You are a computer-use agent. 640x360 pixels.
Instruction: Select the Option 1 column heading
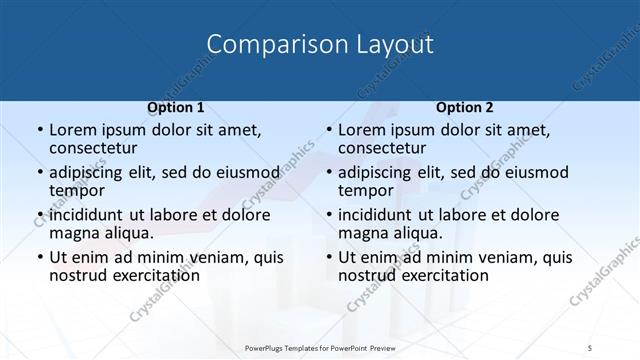point(175,107)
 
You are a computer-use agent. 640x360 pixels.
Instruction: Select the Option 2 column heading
point(464,107)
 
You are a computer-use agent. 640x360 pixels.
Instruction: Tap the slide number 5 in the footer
point(591,348)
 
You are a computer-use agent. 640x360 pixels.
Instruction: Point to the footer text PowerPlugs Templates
point(289,348)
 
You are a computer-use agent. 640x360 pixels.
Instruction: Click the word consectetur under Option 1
point(96,149)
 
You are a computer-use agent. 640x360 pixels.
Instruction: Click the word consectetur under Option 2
point(385,149)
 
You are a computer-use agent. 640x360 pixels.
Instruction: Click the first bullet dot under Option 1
point(39,131)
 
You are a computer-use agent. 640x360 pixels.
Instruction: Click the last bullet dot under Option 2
point(328,257)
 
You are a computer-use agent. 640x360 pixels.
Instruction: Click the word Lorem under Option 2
point(362,131)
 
